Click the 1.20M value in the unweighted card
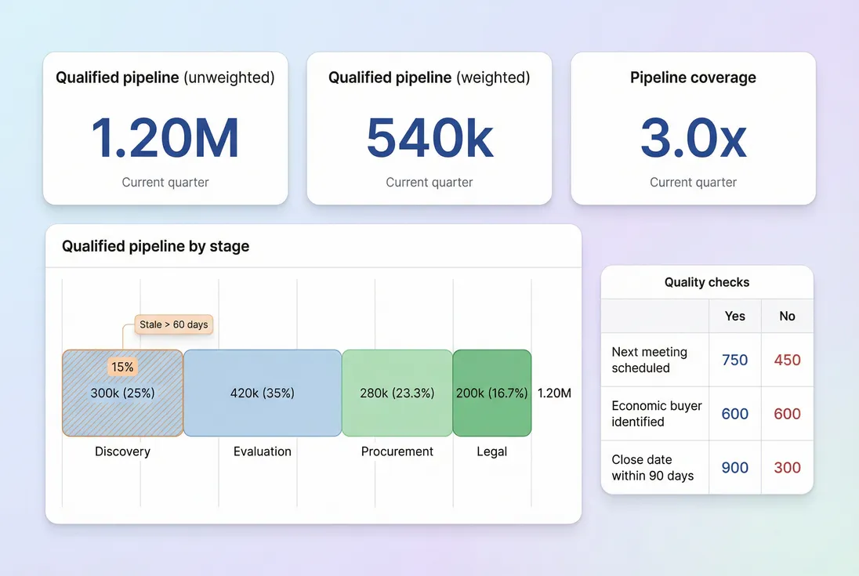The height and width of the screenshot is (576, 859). point(165,138)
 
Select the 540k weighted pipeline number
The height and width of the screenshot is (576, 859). point(429,138)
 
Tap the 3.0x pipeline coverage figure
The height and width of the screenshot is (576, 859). point(693,138)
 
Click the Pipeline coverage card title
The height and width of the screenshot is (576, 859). point(693,78)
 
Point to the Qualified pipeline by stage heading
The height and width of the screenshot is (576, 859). point(155,246)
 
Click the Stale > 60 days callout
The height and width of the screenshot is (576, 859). point(174,324)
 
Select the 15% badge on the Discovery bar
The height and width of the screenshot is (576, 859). point(122,367)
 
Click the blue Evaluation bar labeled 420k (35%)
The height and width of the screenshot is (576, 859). point(263,393)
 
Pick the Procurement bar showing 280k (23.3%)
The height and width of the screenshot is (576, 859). point(397,393)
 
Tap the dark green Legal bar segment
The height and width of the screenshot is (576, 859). point(492,393)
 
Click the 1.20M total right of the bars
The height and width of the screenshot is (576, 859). point(554,393)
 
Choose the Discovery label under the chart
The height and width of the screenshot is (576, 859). point(122,451)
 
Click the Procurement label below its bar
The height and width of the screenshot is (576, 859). point(397,451)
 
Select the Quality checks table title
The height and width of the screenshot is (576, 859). point(707,282)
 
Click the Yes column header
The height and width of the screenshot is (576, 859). point(735,316)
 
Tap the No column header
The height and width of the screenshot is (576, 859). point(787,316)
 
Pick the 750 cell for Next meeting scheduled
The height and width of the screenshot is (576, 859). point(735,360)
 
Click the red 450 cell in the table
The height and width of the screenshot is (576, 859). point(787,360)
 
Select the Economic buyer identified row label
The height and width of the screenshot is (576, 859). point(657,414)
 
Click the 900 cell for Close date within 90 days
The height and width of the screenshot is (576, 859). point(735,468)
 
